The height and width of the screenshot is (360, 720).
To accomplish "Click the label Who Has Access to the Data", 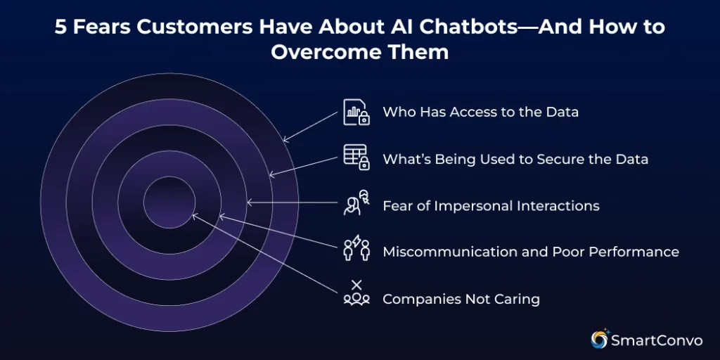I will pos(480,112).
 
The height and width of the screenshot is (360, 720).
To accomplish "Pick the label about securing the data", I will pos(515,159).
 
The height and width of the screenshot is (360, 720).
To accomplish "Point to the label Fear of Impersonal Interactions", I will pos(491,206).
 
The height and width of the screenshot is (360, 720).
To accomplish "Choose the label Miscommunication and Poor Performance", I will pos(531,252).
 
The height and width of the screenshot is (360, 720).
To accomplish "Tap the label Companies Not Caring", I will pos(461,299).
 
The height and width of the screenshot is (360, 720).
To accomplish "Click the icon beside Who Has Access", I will pos(356,112).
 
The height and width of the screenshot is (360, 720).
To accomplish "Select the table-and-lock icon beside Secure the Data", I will pos(356,157).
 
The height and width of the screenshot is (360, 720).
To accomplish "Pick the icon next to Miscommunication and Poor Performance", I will pos(356,250).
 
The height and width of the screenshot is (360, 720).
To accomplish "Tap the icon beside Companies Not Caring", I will pos(356,293).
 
